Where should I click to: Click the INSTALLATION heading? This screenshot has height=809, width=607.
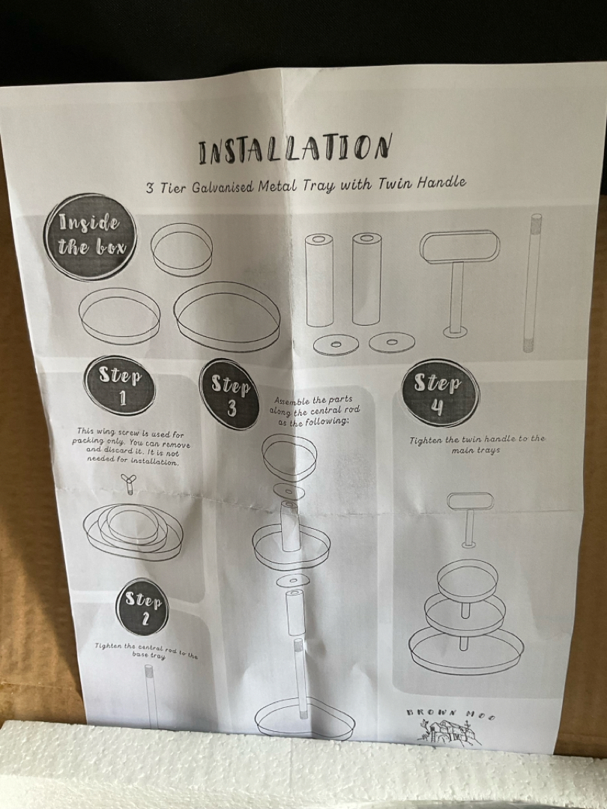[295, 148]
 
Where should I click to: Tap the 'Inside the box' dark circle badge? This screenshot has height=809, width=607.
[91, 237]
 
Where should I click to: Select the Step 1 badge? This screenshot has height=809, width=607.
[120, 386]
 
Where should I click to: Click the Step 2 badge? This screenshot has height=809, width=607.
[142, 607]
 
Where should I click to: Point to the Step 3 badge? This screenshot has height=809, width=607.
[230, 395]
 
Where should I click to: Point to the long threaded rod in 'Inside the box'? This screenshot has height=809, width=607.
[532, 282]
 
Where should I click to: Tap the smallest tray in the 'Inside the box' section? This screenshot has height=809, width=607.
[181, 249]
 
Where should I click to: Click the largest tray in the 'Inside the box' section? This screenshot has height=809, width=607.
[227, 316]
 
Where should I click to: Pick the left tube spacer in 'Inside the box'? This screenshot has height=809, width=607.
[319, 280]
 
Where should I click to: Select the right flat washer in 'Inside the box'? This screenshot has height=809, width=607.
[392, 342]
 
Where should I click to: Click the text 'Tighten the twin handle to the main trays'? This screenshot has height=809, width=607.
[477, 444]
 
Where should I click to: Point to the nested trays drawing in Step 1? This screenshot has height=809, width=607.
[133, 532]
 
